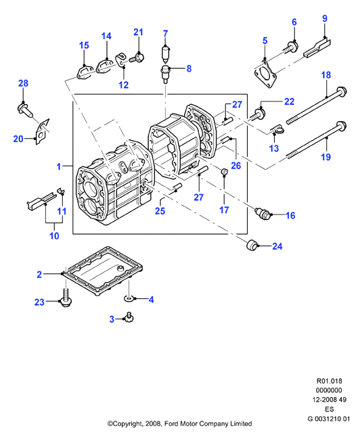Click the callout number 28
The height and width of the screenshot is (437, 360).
click(x=24, y=83)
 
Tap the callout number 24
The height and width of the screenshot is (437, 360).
click(x=277, y=246)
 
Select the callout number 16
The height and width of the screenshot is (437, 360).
click(x=290, y=215)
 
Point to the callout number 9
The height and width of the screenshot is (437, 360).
click(x=325, y=18)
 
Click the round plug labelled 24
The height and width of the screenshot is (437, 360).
click(x=252, y=245)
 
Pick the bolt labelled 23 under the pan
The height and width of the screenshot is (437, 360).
click(x=66, y=298)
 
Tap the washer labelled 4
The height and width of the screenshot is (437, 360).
click(x=129, y=299)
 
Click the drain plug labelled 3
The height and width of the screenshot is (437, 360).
click(x=129, y=317)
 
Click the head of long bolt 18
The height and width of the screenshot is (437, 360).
click(x=341, y=91)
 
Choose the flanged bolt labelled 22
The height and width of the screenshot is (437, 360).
click(x=258, y=114)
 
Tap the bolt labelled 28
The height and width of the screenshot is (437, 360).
click(x=25, y=110)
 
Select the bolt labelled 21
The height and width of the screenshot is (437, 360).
click(x=137, y=58)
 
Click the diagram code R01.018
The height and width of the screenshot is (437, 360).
click(x=329, y=381)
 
